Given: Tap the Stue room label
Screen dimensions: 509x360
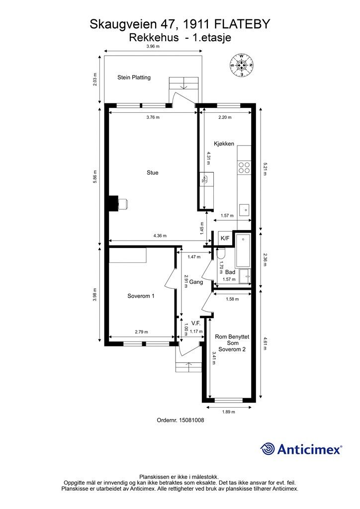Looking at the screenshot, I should tap(152, 172).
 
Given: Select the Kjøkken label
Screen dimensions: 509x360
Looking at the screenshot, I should tap(224, 144).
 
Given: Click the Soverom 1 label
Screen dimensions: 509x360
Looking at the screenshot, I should tap(141, 296).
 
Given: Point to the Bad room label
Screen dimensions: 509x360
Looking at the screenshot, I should tap(230, 272).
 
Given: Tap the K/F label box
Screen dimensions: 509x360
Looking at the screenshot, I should tap(225, 239).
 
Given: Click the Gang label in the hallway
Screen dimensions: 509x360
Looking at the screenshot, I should tap(196, 282).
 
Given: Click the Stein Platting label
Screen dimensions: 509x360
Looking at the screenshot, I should tap(134, 77).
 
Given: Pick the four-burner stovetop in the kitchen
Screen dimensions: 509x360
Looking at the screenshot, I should tap(244, 168).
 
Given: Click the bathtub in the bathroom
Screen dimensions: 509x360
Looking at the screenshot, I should tap(244, 251).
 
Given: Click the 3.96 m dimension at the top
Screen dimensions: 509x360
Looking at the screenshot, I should tap(153, 46).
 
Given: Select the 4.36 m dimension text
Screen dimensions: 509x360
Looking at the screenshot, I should tap(160, 236).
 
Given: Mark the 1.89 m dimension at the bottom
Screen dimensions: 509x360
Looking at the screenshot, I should tap(229, 412).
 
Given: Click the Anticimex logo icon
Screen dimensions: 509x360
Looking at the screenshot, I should tap(268, 449).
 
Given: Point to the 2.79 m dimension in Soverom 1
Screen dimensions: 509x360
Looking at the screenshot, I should tap(141, 332).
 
